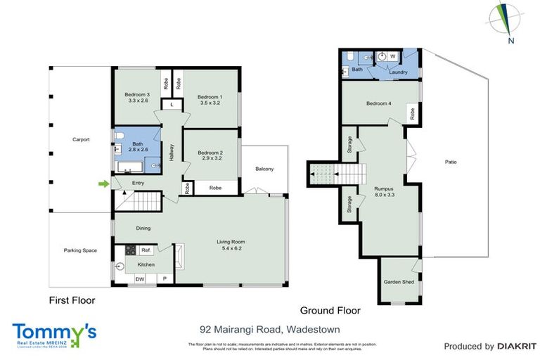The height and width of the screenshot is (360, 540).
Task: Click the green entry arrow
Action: [x=103, y=184]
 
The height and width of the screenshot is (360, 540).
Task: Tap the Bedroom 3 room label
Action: [x=137, y=94]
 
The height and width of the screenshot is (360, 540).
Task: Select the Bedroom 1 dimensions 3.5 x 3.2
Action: [x=210, y=103]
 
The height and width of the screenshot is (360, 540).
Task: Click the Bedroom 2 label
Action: [x=210, y=153]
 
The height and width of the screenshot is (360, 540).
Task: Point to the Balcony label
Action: [x=264, y=169]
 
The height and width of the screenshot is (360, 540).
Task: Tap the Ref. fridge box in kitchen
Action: [x=146, y=250]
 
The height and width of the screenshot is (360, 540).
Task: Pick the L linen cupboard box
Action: [x=173, y=105]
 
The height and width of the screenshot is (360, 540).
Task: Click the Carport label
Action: [x=81, y=139]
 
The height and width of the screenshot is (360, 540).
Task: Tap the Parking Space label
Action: [x=80, y=250]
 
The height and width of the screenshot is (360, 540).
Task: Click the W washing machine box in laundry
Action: [x=392, y=56]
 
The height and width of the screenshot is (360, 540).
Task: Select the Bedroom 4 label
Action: [x=378, y=104]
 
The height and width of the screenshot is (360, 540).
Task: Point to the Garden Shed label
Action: [x=397, y=283]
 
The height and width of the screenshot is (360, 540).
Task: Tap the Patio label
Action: [x=451, y=162]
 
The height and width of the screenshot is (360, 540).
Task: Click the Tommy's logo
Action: [x=54, y=333]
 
